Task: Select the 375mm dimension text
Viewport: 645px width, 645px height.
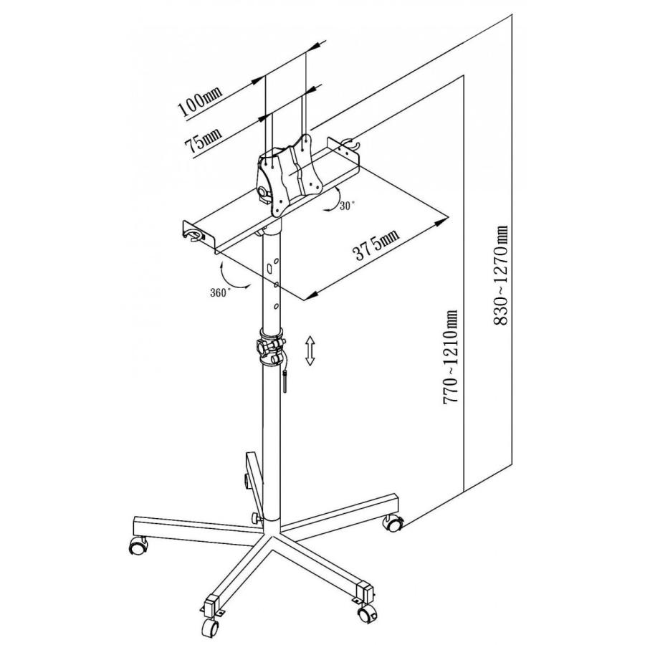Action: (x=376, y=245)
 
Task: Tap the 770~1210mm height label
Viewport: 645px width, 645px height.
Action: (x=450, y=356)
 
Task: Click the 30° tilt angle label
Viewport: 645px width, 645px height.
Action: (x=347, y=206)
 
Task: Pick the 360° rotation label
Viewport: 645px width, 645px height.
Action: (x=221, y=293)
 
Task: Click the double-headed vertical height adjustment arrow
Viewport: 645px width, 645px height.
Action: (x=310, y=350)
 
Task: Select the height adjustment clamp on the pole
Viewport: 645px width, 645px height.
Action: (x=271, y=346)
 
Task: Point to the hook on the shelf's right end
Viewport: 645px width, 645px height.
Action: (x=350, y=143)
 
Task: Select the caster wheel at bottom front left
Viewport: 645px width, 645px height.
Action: (x=210, y=628)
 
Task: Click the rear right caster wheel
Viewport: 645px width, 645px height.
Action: (x=393, y=522)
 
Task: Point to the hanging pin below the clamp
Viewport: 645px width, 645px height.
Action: (x=285, y=381)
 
